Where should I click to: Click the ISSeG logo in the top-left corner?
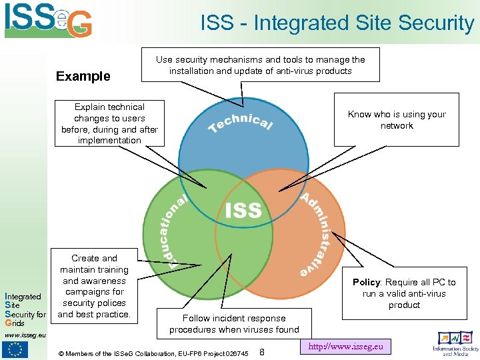[48, 20]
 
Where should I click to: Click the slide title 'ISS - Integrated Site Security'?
[337, 23]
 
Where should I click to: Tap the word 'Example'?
[83, 76]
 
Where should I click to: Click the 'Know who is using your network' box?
[397, 120]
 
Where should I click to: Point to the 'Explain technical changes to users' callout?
[109, 123]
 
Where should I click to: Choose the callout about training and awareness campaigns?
[94, 286]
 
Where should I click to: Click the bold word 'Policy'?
[366, 282]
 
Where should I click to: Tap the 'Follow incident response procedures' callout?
[234, 324]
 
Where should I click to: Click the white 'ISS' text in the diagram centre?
[243, 211]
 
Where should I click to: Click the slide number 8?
[262, 351]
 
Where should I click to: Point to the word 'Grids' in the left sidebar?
[15, 323]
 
